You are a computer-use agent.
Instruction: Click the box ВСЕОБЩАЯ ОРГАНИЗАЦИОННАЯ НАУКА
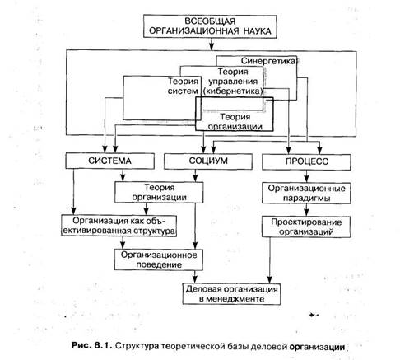[210, 26]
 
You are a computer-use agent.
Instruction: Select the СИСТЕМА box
[109, 161]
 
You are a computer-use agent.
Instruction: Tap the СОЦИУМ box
[208, 161]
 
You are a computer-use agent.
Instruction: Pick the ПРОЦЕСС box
[306, 162]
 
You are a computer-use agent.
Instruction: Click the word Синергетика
[269, 61]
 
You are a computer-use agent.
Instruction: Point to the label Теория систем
[183, 86]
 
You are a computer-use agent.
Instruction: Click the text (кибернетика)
[233, 91]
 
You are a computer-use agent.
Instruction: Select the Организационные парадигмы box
[306, 194]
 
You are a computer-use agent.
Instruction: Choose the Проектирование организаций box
[306, 227]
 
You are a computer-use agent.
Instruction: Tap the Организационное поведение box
[159, 259]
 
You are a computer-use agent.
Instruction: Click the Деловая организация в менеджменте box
[231, 294]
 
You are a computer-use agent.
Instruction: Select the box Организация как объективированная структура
[119, 226]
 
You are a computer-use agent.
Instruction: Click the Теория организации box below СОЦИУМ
[159, 193]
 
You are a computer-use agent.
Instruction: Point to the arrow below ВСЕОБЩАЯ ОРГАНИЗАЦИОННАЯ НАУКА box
[212, 44]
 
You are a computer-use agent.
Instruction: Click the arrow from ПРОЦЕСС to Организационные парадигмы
[306, 176]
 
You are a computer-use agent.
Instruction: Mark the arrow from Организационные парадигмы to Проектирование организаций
[306, 210]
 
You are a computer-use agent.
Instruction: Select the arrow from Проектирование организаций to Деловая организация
[270, 260]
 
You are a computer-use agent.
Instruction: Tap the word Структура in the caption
[137, 346]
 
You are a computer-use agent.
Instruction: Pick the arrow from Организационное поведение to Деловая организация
[195, 277]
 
